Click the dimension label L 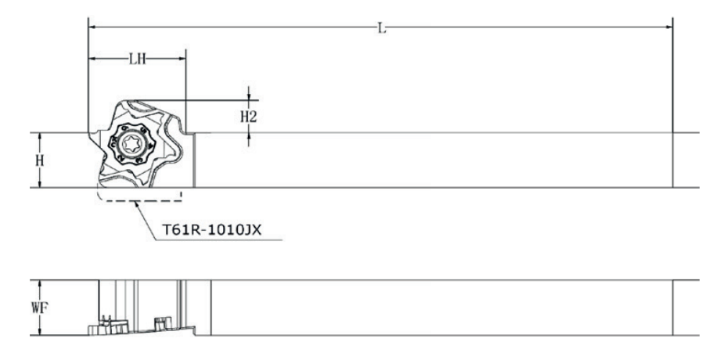coord(382,28)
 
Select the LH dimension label coord(137,59)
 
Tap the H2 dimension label coord(249,117)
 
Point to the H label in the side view coord(40,160)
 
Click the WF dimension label coord(40,308)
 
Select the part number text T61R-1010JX coord(211,229)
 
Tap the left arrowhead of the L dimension coord(93,27)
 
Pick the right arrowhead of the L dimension coord(668,27)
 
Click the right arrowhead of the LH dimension coord(181,59)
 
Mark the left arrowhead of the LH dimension coord(93,59)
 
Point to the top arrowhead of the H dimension coord(40,137)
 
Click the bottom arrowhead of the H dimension coord(40,183)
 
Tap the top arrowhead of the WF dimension coord(40,285)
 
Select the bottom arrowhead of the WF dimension coord(40,330)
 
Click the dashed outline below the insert coord(139,201)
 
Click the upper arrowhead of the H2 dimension coord(249,95)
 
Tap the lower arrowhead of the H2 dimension coord(249,138)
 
